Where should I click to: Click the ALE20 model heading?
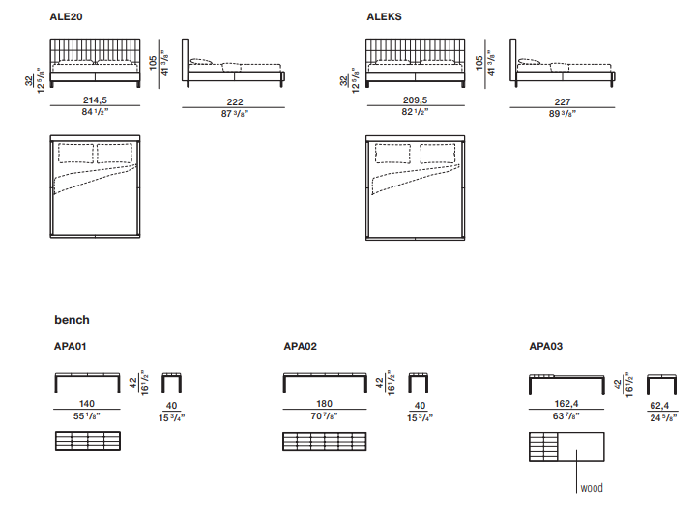coord(66,16)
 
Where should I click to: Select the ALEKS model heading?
coord(384,16)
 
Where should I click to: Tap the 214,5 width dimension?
coord(95,100)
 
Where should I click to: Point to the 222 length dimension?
coord(235,102)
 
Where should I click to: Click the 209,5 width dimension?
coord(415,100)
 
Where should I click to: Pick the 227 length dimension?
coord(563,102)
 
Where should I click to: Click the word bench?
coord(72,320)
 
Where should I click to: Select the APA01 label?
coord(71,346)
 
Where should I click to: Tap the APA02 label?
coord(301,346)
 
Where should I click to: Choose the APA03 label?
coord(546,346)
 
